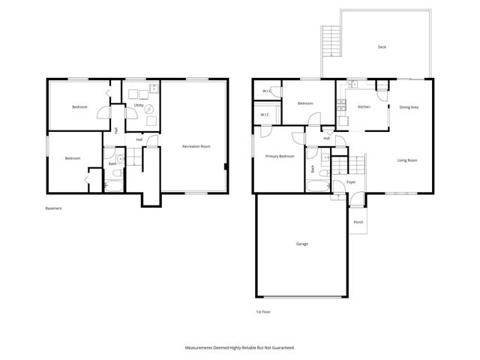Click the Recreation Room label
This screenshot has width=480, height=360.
tap(196, 146)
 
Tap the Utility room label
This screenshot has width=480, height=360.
tap(139, 106)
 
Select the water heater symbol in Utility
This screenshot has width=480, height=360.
tap(149, 108)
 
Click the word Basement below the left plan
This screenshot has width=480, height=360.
tap(54, 208)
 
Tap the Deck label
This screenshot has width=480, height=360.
tap(382, 47)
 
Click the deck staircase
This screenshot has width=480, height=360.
tap(328, 39)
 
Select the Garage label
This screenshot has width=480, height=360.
tap(301, 244)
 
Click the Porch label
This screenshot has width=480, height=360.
tap(358, 222)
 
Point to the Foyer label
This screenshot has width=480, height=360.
tap(350, 182)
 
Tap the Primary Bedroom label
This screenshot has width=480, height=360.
tap(279, 156)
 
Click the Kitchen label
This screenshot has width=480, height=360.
tap(364, 107)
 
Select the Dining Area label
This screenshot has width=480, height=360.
tap(409, 107)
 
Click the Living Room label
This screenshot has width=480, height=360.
tap(407, 160)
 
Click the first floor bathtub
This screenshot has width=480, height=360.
tap(318, 186)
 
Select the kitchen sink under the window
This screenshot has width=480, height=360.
tap(351, 87)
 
